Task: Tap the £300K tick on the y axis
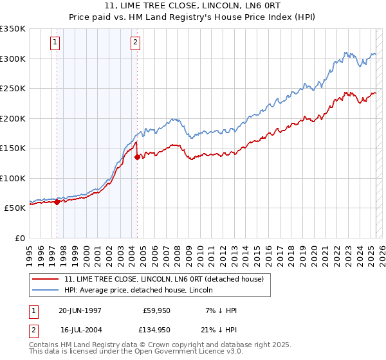(x=13, y=59)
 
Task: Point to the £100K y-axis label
(x=13, y=178)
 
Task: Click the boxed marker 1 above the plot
(x=55, y=43)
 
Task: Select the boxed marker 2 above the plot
(x=136, y=43)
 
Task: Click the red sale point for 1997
(x=57, y=202)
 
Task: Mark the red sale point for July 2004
(x=138, y=157)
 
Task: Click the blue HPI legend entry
(x=142, y=290)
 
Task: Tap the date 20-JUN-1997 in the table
(x=80, y=310)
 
